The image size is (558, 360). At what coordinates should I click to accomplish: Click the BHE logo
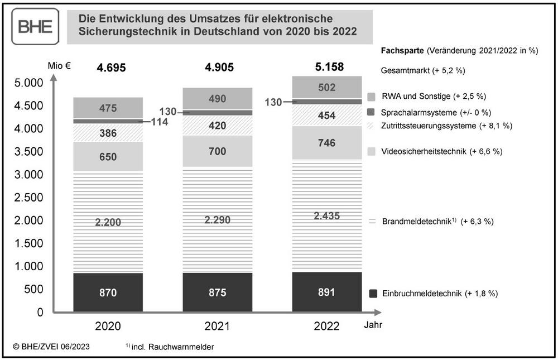(x=35, y=27)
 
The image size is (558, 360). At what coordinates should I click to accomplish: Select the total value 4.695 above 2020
(x=111, y=68)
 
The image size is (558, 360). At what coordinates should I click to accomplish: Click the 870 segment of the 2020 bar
(x=108, y=292)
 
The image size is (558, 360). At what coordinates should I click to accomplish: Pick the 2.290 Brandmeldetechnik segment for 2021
(x=218, y=219)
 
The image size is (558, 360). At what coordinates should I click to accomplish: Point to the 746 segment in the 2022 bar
(x=326, y=143)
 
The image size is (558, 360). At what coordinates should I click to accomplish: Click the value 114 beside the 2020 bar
(x=160, y=121)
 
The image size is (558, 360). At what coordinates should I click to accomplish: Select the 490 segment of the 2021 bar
(x=218, y=99)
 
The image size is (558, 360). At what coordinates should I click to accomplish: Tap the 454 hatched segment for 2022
(x=326, y=116)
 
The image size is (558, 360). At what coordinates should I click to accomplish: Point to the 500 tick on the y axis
(x=33, y=289)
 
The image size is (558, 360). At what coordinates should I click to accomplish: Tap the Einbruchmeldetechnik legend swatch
(x=372, y=293)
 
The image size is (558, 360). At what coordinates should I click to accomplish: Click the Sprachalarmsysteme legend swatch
(x=372, y=112)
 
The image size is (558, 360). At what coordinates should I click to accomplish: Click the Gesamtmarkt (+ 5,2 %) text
(x=422, y=71)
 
